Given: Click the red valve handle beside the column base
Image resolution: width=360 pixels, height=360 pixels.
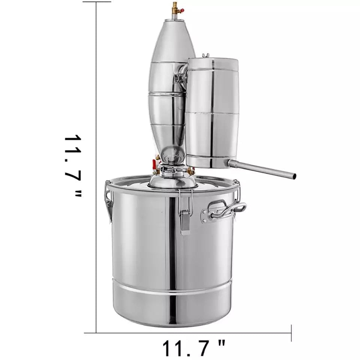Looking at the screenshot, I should pos(154,164).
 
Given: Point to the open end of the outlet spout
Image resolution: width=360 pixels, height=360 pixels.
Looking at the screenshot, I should pos(294,176).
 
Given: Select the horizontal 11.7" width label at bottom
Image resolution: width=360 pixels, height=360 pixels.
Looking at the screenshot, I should pos(194,348).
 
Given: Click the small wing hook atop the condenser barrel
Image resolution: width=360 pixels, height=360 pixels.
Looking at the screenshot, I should pos(205,55).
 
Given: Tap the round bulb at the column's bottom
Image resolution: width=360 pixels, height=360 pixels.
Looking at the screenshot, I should pos(172,154).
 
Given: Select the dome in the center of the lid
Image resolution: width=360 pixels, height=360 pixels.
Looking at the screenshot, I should pos(172,181).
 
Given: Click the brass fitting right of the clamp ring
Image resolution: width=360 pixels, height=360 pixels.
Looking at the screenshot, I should pos(190,171).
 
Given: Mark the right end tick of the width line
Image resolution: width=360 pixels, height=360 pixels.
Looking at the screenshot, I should pos(291,333).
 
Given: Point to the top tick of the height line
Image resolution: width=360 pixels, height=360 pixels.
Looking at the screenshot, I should pos(97,1).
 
